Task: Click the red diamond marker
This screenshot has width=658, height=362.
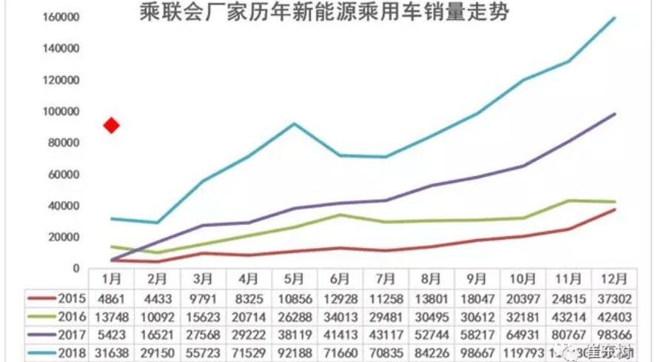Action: click(112, 125)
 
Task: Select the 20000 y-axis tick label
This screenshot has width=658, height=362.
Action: click(65, 237)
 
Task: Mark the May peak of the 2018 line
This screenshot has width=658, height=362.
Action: click(294, 124)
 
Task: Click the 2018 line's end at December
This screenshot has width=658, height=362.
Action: click(615, 18)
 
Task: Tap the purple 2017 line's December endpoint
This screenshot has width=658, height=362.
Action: click(615, 114)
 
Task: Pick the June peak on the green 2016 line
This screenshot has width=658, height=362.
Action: click(340, 215)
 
